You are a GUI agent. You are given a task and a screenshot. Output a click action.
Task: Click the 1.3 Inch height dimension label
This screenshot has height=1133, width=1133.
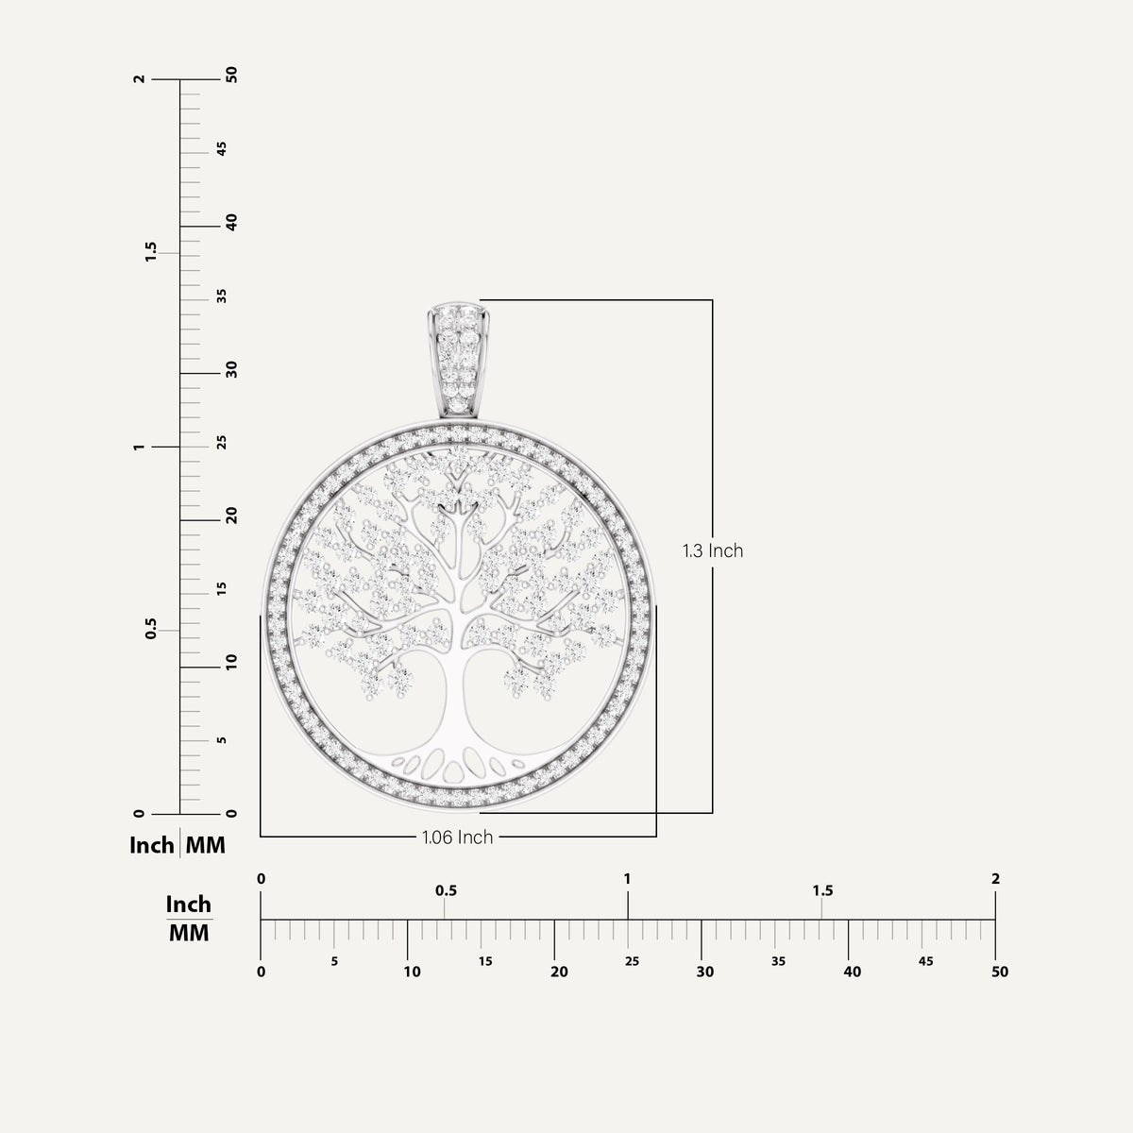pos(713,550)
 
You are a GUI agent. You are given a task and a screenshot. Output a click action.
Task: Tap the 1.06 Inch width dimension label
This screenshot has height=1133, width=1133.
pos(457,837)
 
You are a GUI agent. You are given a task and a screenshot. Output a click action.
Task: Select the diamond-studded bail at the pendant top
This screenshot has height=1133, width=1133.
pos(459,360)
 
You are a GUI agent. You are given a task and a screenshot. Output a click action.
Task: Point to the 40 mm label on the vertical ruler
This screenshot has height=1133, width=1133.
pos(231,222)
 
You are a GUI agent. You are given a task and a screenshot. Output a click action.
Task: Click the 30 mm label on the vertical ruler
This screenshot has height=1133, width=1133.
pos(231,369)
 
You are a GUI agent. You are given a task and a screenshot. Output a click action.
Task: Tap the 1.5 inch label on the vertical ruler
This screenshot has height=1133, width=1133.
pos(151,252)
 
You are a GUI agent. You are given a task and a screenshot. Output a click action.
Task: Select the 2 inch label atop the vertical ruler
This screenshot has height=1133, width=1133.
pos(140,78)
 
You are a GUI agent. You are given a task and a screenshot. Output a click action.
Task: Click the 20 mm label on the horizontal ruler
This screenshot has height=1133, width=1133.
pos(559,972)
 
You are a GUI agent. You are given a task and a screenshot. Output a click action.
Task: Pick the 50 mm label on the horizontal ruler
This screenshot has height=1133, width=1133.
pos(1000,972)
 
